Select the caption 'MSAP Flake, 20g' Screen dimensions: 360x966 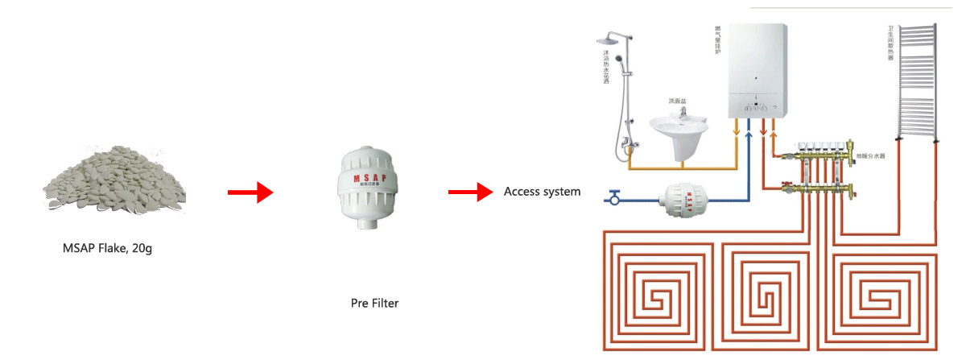107,248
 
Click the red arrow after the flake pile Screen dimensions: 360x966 250,192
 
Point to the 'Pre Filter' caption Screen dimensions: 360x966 374,304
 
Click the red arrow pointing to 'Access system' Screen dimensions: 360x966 469,192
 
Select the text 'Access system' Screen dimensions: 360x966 542,192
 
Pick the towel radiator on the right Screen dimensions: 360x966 915,81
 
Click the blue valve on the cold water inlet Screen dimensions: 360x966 616,197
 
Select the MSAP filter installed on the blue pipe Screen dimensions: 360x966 685,197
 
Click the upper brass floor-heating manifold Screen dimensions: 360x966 821,148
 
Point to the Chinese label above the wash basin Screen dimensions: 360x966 679,101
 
